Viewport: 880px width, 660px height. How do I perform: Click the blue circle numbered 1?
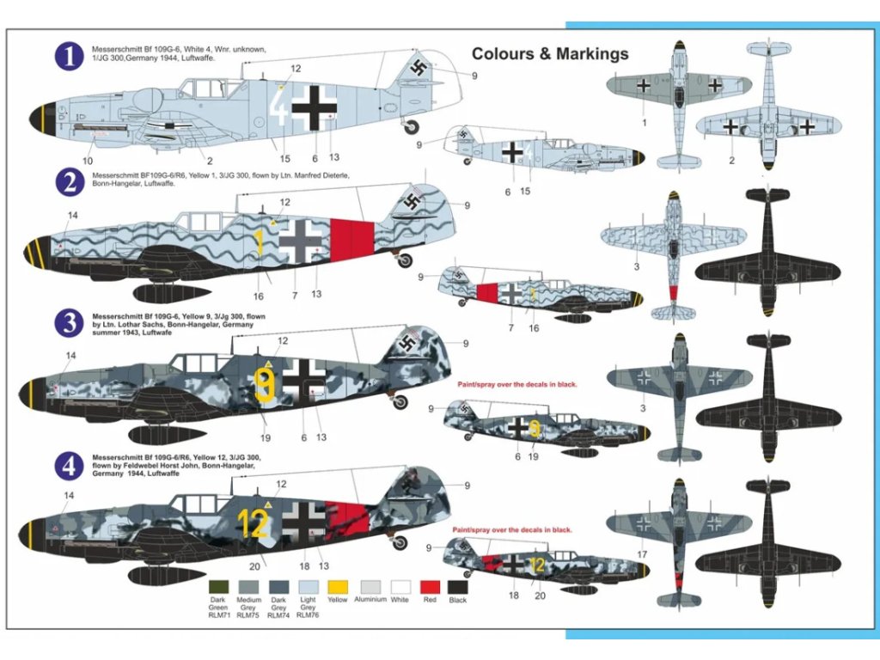[69, 58]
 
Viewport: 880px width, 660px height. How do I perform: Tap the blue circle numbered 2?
[69, 183]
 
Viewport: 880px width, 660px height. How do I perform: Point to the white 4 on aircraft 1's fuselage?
[278, 108]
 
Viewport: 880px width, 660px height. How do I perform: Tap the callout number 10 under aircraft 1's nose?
[88, 161]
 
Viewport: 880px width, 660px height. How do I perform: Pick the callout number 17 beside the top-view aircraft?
[641, 555]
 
